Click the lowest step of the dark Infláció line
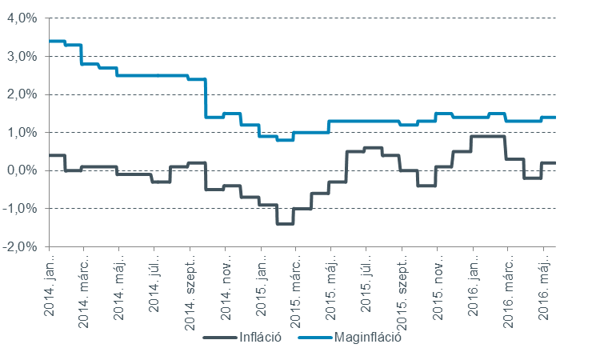pyautogui.click(x=285, y=223)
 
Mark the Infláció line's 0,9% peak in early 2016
pyautogui.click(x=488, y=137)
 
